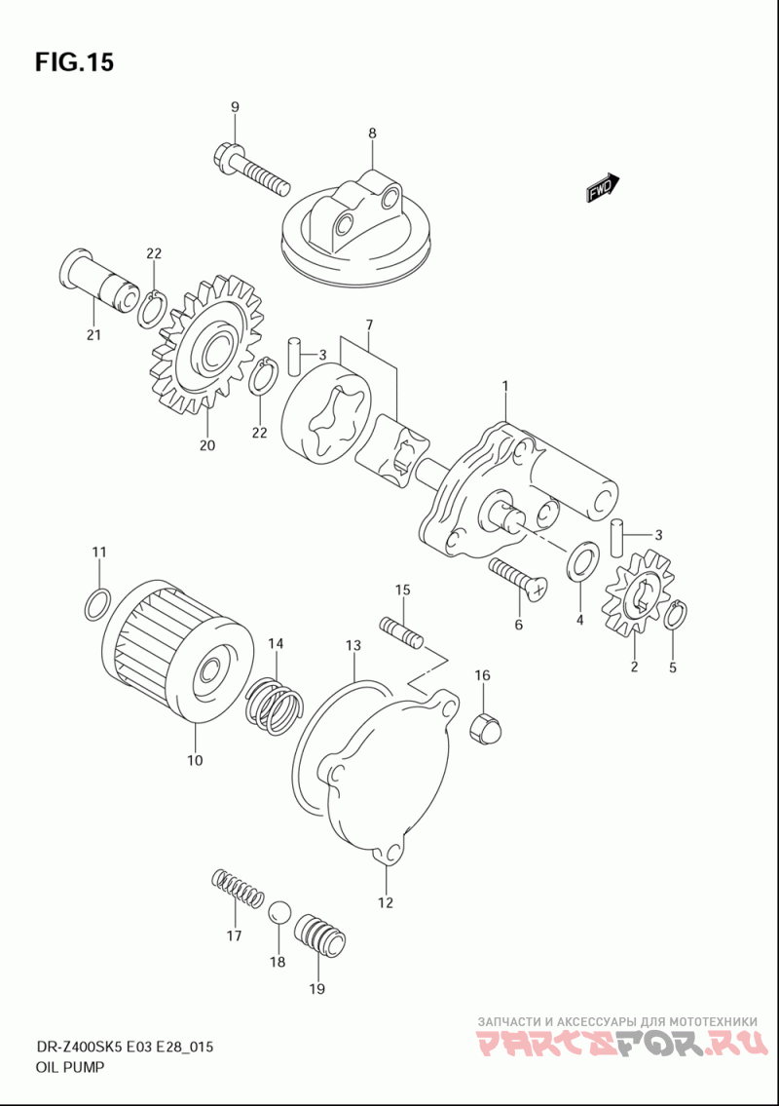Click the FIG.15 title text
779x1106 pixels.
click(x=74, y=62)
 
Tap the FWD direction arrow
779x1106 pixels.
click(x=602, y=188)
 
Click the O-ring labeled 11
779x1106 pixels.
click(x=97, y=604)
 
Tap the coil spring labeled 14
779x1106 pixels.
click(x=275, y=706)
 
